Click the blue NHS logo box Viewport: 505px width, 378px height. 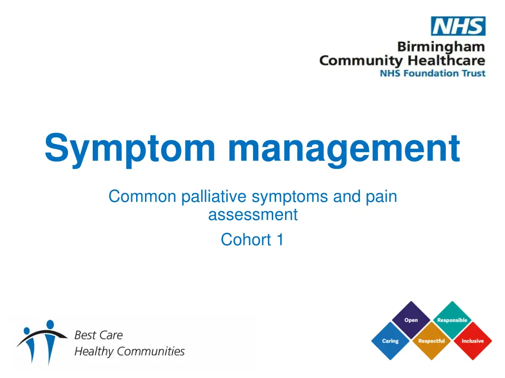(458, 26)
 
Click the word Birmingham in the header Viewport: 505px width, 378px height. (441, 48)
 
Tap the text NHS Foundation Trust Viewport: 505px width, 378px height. (432, 73)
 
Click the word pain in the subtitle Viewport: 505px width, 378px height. (382, 196)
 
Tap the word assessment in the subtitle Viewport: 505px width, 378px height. (252, 215)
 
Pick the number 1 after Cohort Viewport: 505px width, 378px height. (280, 240)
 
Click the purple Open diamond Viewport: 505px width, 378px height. (411, 320)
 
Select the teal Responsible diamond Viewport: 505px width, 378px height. (452, 320)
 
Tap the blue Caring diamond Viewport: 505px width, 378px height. (390, 341)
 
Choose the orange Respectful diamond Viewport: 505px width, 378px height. (431, 341)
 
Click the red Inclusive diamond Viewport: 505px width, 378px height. (472, 341)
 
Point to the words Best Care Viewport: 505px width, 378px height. (98, 335)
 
